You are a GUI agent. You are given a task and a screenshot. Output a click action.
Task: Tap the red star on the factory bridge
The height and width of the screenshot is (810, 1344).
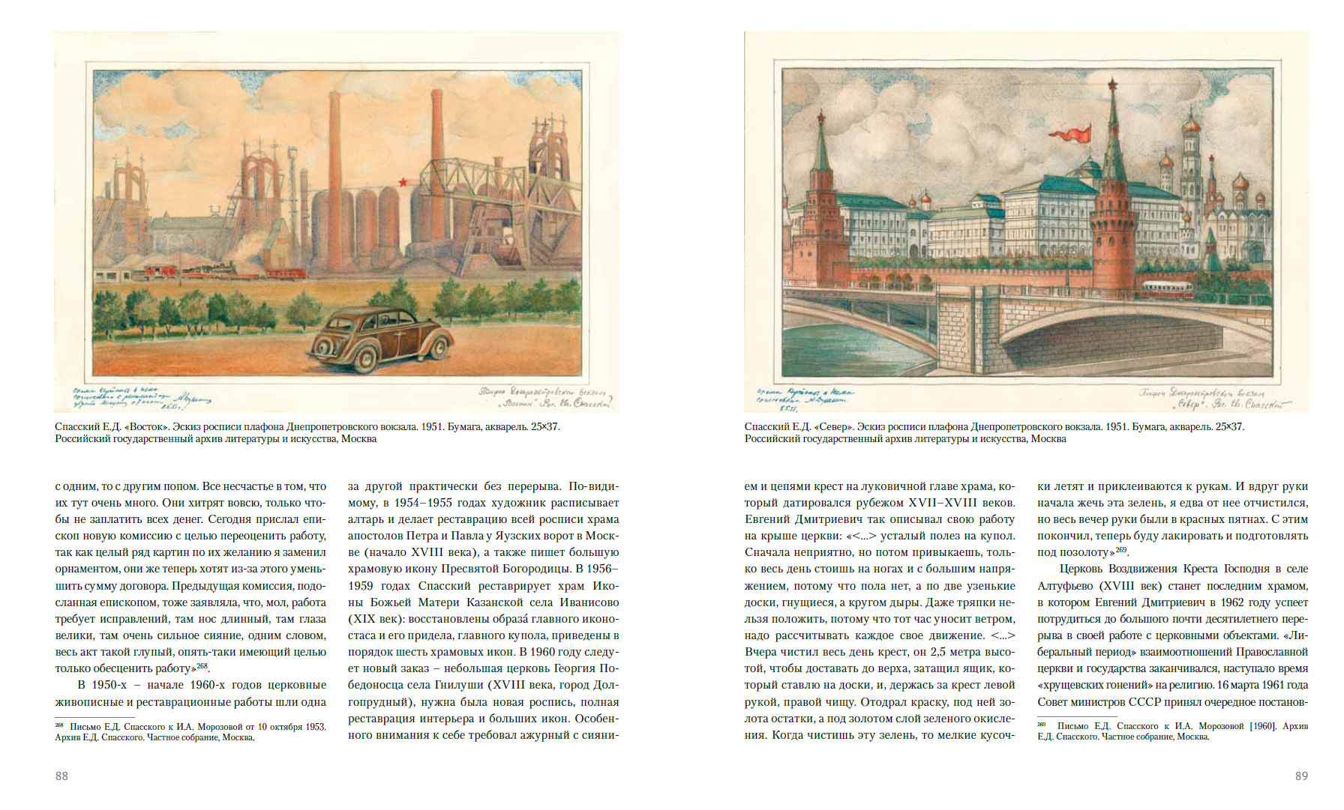pos(403,182)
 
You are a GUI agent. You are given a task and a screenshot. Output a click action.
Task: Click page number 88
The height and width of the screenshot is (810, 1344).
pos(61,776)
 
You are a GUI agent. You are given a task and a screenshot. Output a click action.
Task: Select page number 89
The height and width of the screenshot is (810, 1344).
pos(1301,776)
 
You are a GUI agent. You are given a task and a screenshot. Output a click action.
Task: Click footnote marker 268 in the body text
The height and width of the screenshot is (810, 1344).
pos(202,665)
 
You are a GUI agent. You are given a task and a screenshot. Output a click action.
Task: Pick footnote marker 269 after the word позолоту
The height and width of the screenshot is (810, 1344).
pos(1120,549)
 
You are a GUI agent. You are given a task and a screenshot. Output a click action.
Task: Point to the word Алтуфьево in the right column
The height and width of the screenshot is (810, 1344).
pos(1064,586)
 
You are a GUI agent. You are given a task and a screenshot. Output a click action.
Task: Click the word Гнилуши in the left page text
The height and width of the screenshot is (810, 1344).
pos(462,685)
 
